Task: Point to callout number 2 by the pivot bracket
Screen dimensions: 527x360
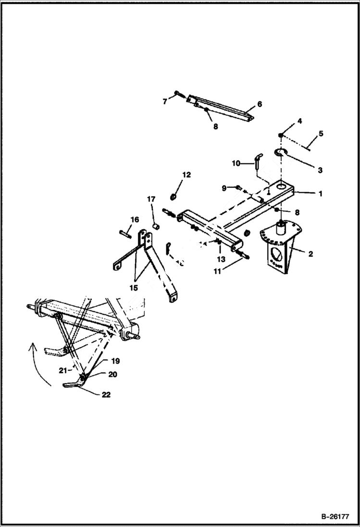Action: pos(310,254)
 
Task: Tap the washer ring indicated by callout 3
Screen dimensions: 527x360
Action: pos(281,152)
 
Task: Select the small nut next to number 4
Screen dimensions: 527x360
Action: pos(281,135)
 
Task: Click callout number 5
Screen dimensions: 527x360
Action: pos(321,134)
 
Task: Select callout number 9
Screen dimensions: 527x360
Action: pos(223,187)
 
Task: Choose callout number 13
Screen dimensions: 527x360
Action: pos(221,259)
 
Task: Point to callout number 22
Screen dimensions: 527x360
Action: pos(105,395)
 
